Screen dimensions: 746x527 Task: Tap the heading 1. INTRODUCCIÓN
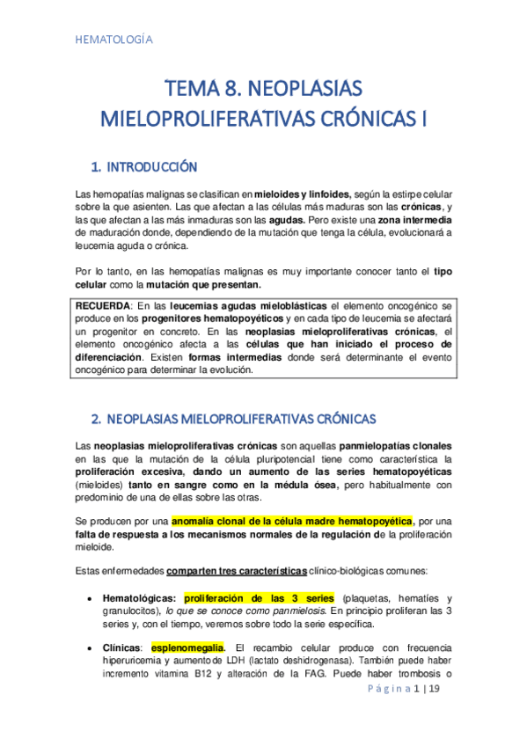144,166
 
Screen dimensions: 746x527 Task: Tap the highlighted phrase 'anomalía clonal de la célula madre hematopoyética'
291,521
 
